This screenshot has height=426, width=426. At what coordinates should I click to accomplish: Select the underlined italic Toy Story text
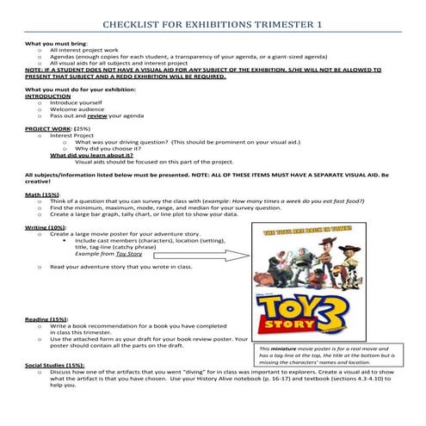coord(129,254)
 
